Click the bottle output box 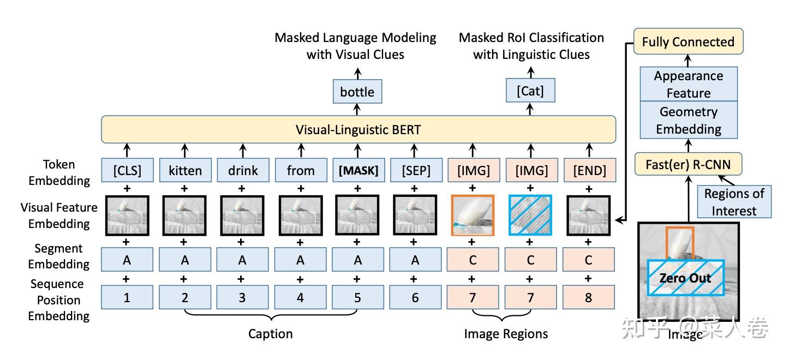[x=357, y=92]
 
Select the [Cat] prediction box [x=530, y=91]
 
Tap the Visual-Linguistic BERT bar [x=358, y=130]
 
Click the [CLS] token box [x=127, y=170]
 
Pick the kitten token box [x=184, y=170]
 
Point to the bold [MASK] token [x=358, y=170]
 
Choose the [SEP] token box [x=415, y=170]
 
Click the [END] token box [x=589, y=170]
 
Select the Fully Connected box [x=688, y=41]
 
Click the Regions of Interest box [x=734, y=202]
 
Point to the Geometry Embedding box [x=688, y=120]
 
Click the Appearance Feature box [x=688, y=84]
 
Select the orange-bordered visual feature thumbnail [x=473, y=215]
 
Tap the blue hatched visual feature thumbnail [x=530, y=215]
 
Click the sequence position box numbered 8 [x=588, y=298]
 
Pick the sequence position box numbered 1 [x=127, y=298]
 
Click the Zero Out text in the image [x=685, y=278]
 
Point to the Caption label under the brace [x=271, y=333]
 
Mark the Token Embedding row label [x=59, y=172]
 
